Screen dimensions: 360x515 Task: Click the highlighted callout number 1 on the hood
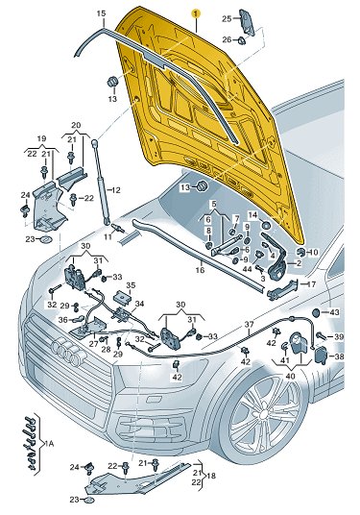click(x=196, y=13)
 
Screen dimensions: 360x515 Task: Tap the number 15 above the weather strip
click(x=102, y=13)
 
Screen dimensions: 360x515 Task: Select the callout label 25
click(x=227, y=18)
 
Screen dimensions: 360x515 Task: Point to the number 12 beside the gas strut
click(x=115, y=190)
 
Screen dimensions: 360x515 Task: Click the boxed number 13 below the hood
click(x=185, y=187)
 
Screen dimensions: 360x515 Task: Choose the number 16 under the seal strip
click(x=200, y=270)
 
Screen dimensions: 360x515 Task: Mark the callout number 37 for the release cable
click(x=249, y=325)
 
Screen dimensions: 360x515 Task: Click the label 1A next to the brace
click(x=49, y=444)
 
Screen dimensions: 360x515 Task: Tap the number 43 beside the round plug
click(x=335, y=312)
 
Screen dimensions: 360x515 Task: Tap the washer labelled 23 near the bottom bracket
click(x=88, y=502)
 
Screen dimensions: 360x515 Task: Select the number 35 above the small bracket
click(x=131, y=284)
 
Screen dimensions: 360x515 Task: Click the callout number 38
click(x=339, y=356)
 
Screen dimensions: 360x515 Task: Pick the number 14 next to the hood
click(x=252, y=215)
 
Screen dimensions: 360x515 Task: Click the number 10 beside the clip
click(x=314, y=253)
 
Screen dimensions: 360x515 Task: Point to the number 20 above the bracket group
click(x=76, y=125)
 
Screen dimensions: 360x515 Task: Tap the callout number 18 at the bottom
click(x=211, y=476)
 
